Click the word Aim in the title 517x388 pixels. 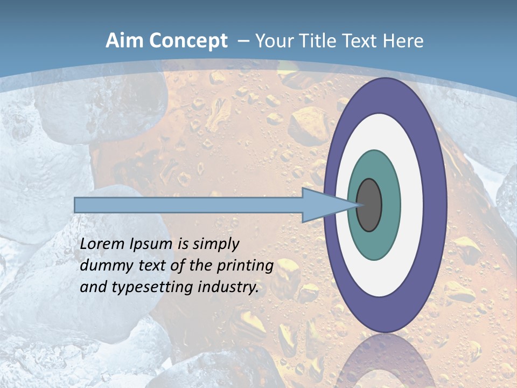click(124, 41)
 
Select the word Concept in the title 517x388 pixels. click(188, 41)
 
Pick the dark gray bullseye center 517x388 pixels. click(369, 205)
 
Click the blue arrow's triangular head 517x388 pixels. click(323, 205)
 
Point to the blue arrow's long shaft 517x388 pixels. click(188, 205)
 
